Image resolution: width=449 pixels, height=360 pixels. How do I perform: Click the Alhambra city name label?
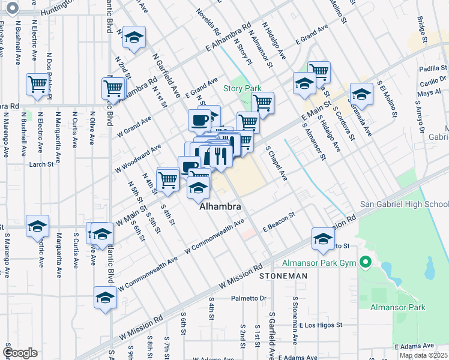[220, 206]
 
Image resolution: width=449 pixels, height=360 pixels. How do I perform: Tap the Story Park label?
[243, 88]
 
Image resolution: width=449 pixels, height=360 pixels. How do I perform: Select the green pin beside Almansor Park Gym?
[364, 262]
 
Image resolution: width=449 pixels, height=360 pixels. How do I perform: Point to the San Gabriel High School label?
[403, 204]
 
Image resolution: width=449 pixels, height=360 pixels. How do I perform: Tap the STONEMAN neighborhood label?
[283, 276]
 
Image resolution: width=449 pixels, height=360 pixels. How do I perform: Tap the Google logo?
[20, 353]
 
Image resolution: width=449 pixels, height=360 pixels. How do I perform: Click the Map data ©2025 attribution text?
[423, 355]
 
